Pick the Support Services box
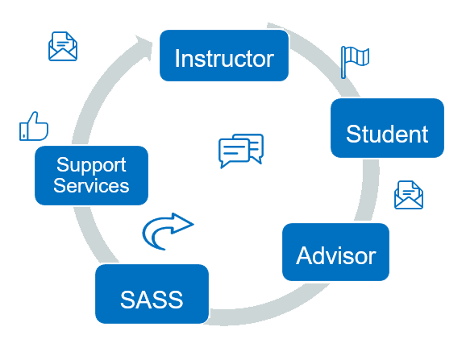[x=91, y=175]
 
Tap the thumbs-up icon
[x=34, y=127]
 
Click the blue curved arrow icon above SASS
[x=167, y=230]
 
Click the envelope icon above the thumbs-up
[x=63, y=47]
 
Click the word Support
[x=91, y=165]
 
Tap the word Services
[x=91, y=186]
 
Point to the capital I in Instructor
[x=177, y=59]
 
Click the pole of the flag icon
[x=344, y=62]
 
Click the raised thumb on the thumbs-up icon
[x=33, y=119]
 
